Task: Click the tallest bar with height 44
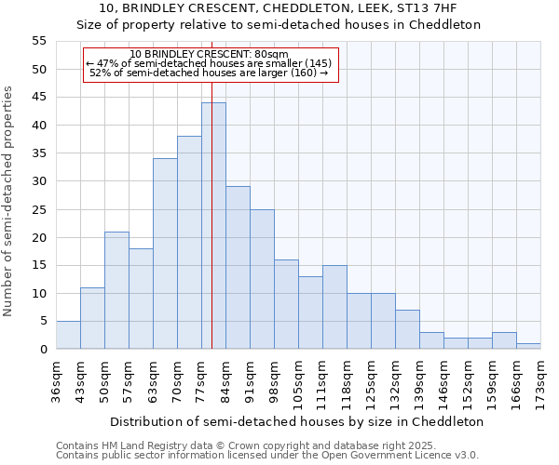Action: tap(213, 226)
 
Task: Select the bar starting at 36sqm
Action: tap(68, 335)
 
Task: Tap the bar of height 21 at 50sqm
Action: tap(116, 290)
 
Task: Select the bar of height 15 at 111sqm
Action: tap(334, 307)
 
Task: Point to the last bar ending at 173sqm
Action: tap(528, 346)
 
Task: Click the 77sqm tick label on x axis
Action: tap(201, 379)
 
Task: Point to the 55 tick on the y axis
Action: tap(39, 41)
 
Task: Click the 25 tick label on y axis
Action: tap(39, 209)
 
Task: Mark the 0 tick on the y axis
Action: tap(43, 350)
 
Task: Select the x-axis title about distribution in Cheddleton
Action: tap(296, 421)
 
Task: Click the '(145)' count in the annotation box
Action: tap(312, 63)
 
